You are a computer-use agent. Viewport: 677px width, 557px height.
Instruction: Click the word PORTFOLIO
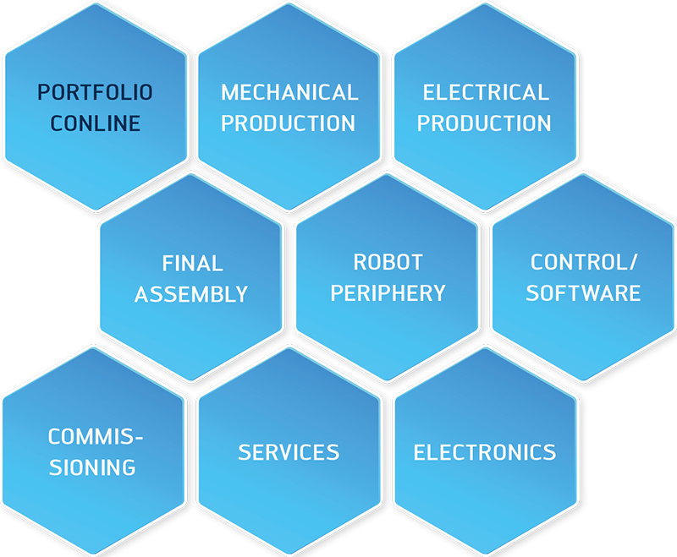tap(95, 92)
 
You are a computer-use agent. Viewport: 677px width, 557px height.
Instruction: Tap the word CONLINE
tap(96, 123)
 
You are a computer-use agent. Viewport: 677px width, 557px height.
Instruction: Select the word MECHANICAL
tap(289, 92)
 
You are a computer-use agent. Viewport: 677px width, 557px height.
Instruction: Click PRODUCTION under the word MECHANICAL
tap(288, 123)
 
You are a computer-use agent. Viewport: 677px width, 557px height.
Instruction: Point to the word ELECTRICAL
tap(486, 92)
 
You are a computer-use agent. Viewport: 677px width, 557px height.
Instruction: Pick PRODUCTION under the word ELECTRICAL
tap(484, 123)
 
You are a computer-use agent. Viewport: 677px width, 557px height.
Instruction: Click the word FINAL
tap(193, 264)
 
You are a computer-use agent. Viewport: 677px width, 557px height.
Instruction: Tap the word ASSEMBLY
tap(191, 294)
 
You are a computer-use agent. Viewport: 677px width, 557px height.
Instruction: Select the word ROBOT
tap(388, 262)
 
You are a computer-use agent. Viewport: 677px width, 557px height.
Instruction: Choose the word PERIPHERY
tap(388, 293)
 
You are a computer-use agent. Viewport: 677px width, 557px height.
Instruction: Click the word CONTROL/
tap(584, 262)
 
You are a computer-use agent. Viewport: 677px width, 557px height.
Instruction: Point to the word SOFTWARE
tap(583, 293)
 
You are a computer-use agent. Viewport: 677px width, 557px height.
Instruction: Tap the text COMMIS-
tap(95, 437)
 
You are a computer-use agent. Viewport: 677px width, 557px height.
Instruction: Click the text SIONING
tap(92, 467)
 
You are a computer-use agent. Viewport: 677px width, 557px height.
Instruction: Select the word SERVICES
tap(289, 452)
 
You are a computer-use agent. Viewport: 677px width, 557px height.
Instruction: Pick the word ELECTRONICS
tap(485, 452)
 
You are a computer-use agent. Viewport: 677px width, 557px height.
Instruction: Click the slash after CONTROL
tap(633, 262)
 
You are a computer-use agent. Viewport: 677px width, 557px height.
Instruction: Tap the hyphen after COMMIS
tap(139, 439)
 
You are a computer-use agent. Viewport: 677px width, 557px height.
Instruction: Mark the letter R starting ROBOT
tap(361, 262)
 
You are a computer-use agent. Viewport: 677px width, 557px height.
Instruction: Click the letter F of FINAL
tap(168, 264)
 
